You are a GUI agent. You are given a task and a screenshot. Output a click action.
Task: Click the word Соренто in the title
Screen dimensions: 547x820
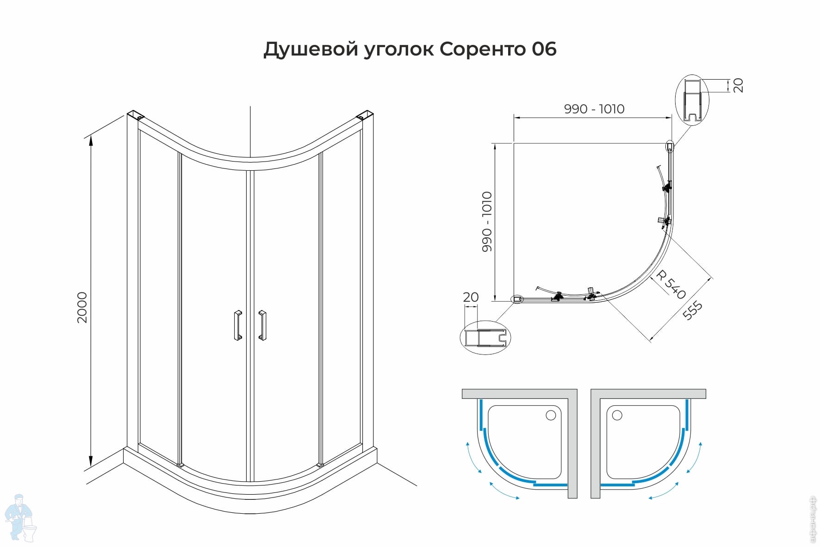tap(482, 49)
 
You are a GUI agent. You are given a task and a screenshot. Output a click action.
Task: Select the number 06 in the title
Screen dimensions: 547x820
tap(544, 49)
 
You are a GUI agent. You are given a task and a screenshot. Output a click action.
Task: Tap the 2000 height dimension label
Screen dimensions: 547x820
tap(82, 307)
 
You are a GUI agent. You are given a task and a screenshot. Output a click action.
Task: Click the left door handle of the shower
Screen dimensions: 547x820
tap(238, 325)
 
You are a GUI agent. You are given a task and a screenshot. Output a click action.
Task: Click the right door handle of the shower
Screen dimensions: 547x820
tap(262, 325)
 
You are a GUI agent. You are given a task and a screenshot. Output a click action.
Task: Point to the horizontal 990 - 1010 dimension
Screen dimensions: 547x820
tap(594, 109)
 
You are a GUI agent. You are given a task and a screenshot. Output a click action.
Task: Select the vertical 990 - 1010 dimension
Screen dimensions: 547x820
tap(487, 222)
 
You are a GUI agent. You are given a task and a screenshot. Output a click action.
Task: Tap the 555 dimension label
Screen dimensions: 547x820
tap(693, 310)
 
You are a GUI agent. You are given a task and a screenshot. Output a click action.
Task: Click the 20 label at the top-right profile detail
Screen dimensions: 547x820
tap(738, 85)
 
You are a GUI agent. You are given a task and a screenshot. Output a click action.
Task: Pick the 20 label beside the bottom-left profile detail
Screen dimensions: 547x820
tap(471, 297)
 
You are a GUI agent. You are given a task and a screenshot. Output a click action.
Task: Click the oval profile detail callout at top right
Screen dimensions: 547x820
tap(692, 100)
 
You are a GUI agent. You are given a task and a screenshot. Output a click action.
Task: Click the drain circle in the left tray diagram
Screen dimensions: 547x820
tap(551, 415)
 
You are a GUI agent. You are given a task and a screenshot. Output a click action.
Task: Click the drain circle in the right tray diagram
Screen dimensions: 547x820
tap(617, 415)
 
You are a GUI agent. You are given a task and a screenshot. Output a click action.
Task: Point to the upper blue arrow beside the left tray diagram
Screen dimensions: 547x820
tap(473, 457)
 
